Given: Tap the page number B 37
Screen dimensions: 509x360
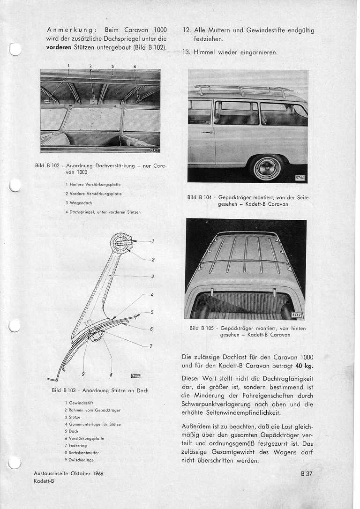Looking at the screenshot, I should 307,474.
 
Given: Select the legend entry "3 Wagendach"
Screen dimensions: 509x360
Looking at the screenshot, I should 80,203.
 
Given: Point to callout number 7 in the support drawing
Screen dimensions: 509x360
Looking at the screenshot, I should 151,346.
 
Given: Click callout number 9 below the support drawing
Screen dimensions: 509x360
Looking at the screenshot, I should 83,374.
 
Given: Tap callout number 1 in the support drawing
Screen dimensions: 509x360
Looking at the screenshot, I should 153,242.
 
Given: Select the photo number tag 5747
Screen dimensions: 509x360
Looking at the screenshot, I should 298,315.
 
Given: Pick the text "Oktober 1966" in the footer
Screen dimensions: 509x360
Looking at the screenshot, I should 86,473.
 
